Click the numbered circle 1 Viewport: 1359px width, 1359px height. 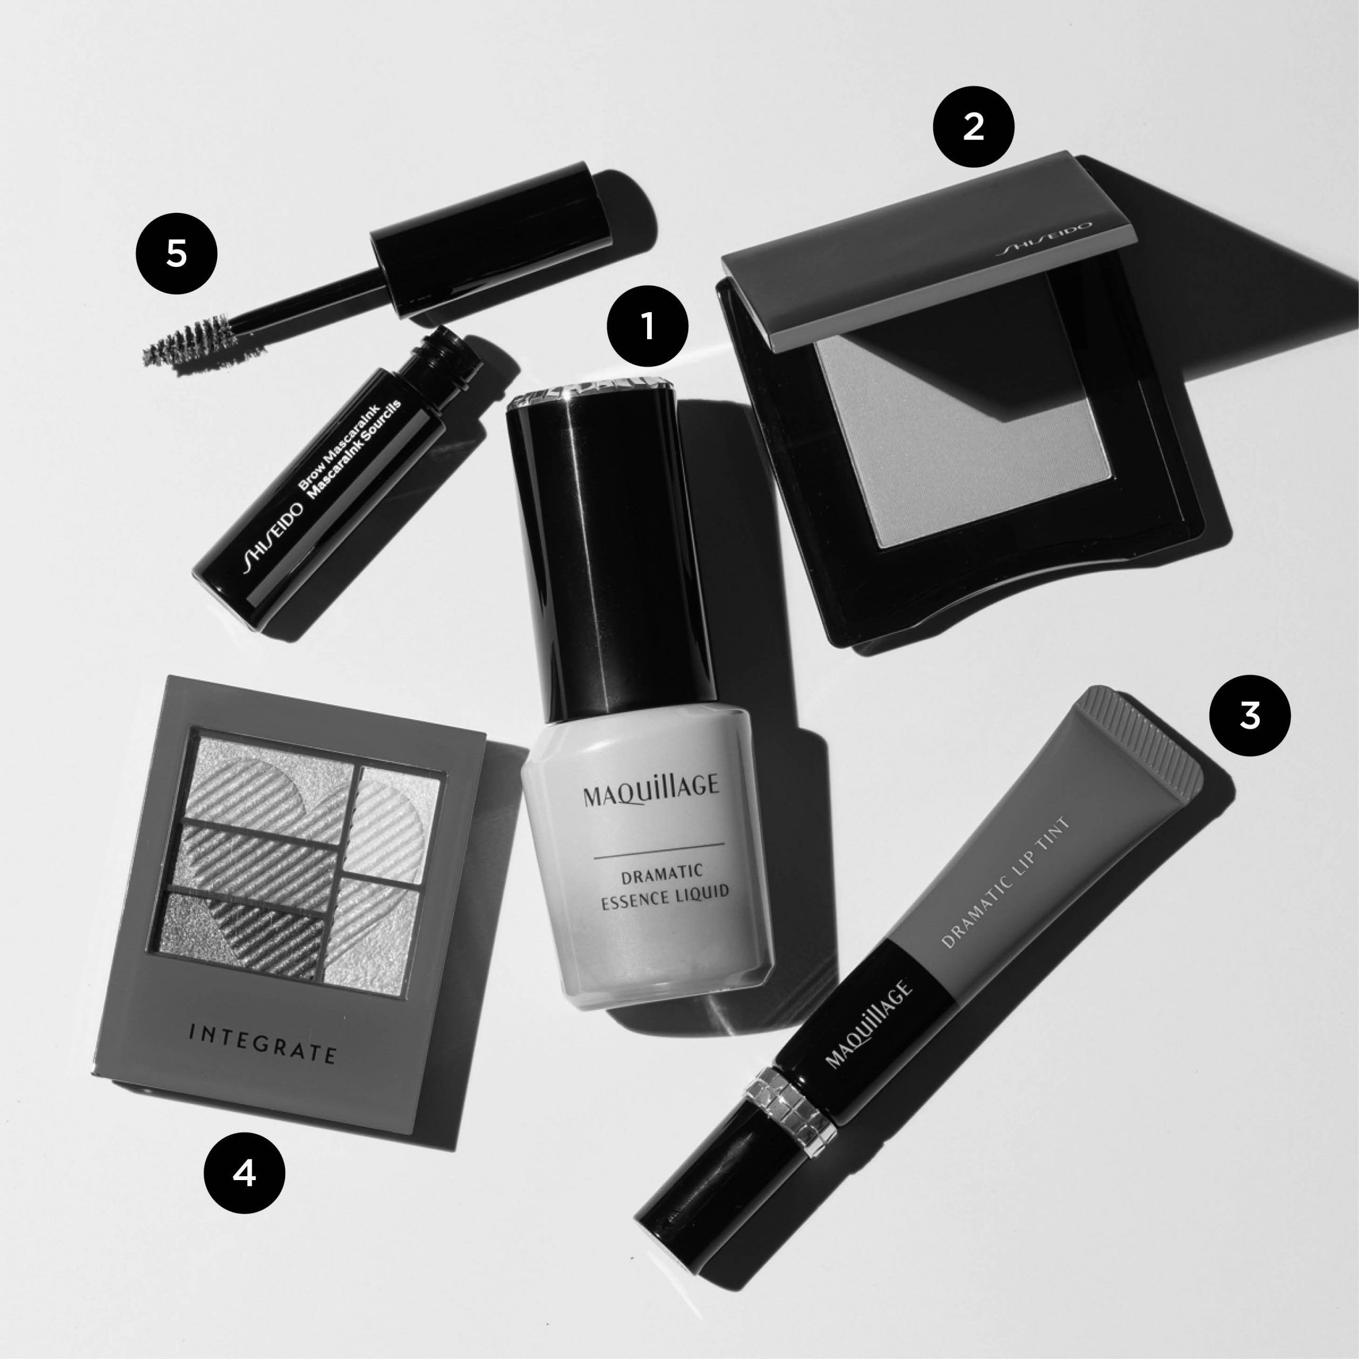click(647, 325)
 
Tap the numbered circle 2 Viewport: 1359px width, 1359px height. click(973, 127)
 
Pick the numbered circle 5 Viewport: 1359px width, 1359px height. click(177, 253)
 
